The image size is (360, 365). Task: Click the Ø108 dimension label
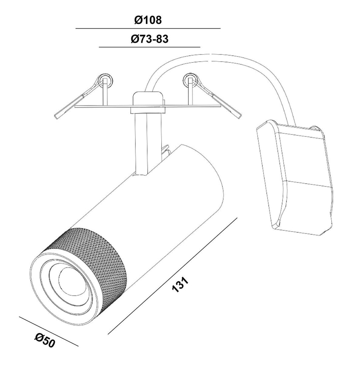tap(148, 20)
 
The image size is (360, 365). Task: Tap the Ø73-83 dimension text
tap(149, 39)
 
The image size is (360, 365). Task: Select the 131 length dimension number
tap(180, 284)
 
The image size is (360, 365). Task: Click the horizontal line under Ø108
tap(148, 28)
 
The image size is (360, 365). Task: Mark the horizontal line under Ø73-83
tap(150, 47)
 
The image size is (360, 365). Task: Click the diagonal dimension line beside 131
tap(172, 253)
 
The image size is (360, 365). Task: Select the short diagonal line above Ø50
tap(48, 331)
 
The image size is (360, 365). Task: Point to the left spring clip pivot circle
tap(106, 81)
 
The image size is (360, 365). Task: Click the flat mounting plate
tap(148, 106)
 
